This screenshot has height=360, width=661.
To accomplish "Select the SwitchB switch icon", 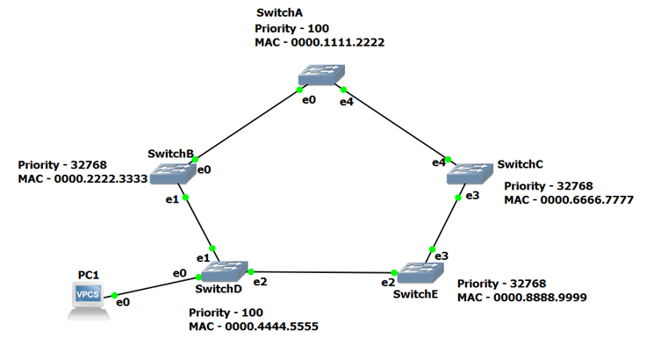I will [x=172, y=175].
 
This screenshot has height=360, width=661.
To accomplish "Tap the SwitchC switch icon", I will [x=471, y=173].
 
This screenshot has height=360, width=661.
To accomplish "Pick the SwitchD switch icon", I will [x=225, y=270].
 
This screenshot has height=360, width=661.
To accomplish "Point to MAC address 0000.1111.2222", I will [x=320, y=42].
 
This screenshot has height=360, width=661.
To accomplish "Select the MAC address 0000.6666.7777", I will [x=568, y=200].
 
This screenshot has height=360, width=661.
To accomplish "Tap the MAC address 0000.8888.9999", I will [x=521, y=299].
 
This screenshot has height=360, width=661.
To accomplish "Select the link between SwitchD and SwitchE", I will [x=325, y=273].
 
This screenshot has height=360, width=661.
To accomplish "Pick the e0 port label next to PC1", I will [x=123, y=302].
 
